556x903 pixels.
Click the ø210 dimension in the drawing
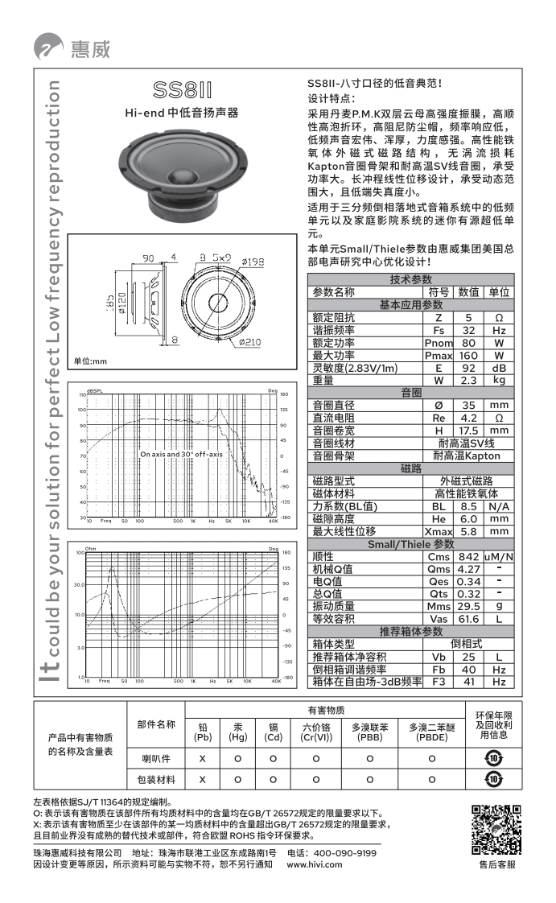pos(249,342)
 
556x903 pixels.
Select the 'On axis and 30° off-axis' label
pos(181,454)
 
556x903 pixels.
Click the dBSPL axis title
pos(95,390)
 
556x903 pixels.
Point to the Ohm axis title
pos(91,548)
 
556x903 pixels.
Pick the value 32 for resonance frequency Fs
pos(469,331)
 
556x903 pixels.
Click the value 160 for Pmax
pos(469,355)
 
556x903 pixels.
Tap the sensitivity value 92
pos(469,368)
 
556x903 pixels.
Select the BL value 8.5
pos(469,506)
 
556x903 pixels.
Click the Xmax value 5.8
pos(469,531)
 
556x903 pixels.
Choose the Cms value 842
pos(469,557)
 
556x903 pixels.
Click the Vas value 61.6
pos(469,619)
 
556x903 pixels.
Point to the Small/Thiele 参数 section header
pos(410,544)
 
